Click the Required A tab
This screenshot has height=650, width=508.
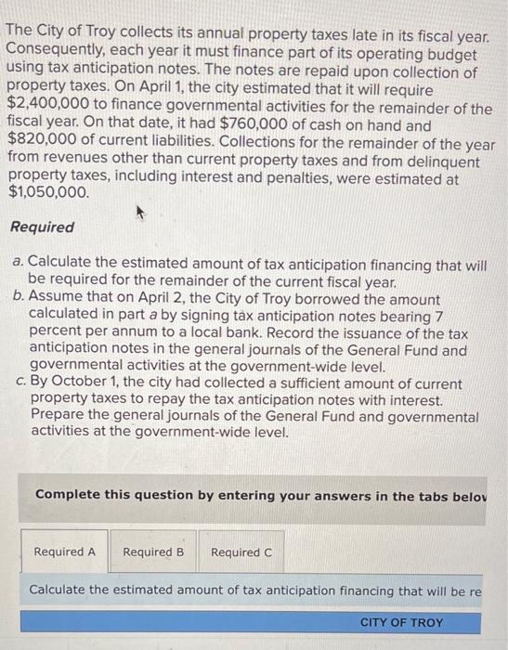64,552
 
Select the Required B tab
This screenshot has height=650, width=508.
153,552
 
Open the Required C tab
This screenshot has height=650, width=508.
241,552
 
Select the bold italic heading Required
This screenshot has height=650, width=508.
42,227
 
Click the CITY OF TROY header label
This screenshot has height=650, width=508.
401,622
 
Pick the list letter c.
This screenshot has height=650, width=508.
18,383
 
